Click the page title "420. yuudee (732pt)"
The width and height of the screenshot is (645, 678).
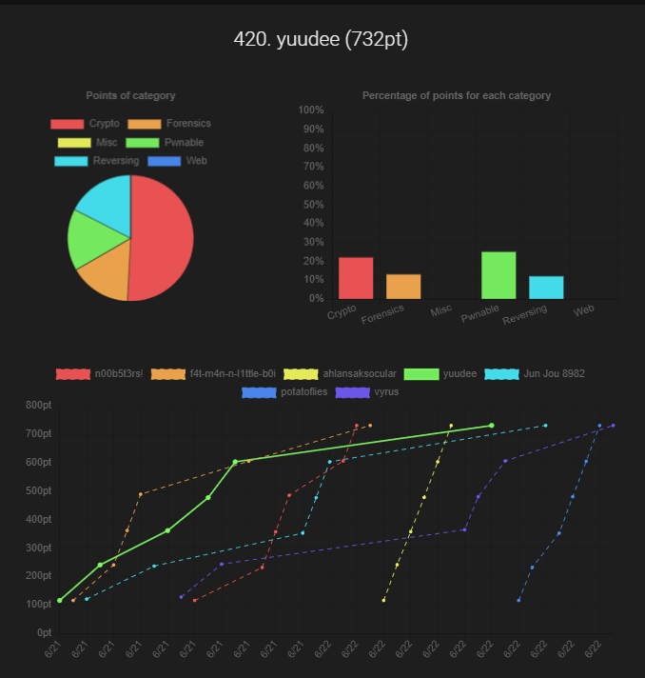322,40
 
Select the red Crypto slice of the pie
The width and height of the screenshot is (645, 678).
164,238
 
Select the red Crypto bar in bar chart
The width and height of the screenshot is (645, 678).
356,277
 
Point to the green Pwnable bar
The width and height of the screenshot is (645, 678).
498,274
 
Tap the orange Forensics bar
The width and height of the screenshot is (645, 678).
403,286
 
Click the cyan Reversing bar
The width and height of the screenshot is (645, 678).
546,287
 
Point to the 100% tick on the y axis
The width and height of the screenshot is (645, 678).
311,110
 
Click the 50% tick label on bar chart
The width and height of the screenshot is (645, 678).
314,205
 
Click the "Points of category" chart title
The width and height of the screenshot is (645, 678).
130,96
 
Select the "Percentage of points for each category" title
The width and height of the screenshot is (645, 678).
457,96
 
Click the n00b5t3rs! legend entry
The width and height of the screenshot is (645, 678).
100,374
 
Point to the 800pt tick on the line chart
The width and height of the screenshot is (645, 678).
37,406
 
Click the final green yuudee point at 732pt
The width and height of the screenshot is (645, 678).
491,426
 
